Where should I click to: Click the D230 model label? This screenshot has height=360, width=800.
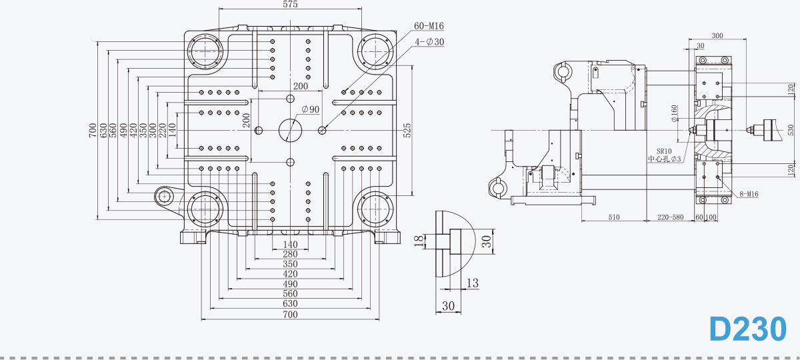pos(748,329)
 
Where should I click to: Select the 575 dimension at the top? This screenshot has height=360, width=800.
pos(290,4)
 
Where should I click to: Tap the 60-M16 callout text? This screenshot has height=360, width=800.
pos(429,26)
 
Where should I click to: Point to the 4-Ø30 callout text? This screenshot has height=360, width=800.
pos(429,42)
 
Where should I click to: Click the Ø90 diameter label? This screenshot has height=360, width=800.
pos(311,109)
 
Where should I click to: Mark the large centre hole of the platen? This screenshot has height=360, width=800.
pos(290,131)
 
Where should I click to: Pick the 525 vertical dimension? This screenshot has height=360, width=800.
pos(407,131)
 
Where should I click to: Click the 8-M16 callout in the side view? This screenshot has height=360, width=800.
pos(749,194)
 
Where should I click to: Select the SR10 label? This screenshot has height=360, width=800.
pos(664,151)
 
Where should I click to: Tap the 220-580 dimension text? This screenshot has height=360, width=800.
pos(671,217)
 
